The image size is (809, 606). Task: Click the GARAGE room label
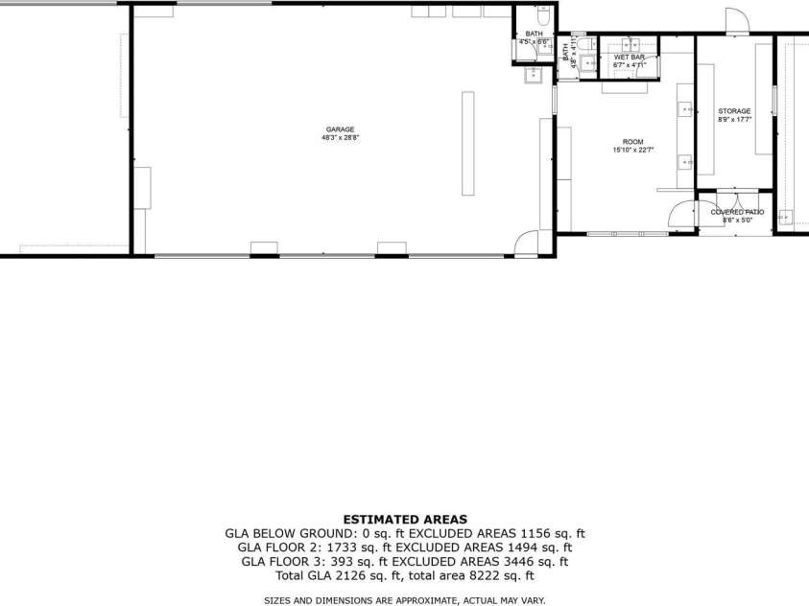341,129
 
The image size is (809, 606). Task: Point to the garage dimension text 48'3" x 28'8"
341,137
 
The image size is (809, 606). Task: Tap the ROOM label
633,142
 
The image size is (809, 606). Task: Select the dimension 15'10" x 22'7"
633,150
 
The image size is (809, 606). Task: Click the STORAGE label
734,111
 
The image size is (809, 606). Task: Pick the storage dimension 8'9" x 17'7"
734,120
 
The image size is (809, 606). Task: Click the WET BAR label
630,58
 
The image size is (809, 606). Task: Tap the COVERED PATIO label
737,212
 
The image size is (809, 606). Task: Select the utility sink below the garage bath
533,78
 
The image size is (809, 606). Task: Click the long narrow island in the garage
467,144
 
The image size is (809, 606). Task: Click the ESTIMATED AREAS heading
405,519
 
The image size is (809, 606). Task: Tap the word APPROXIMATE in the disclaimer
407,600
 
